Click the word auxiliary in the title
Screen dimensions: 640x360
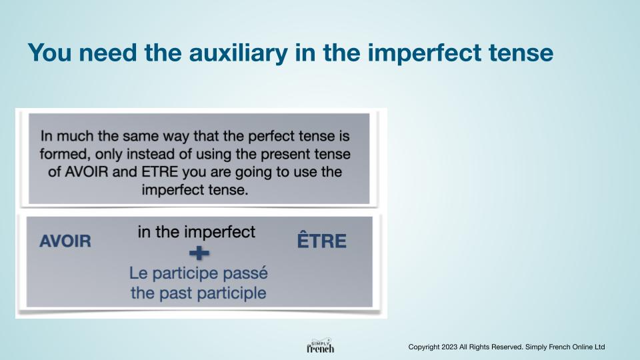(x=239, y=53)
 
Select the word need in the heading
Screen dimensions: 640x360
(x=108, y=53)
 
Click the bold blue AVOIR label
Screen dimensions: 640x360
(x=65, y=241)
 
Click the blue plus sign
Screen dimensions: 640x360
(x=199, y=253)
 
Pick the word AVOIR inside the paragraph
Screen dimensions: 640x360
(x=87, y=172)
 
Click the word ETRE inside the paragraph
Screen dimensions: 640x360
(x=160, y=172)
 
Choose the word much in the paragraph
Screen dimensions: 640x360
(x=75, y=136)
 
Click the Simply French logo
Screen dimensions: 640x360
(x=321, y=346)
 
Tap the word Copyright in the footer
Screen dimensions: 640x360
(x=424, y=347)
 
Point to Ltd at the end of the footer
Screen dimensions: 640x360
(x=599, y=347)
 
